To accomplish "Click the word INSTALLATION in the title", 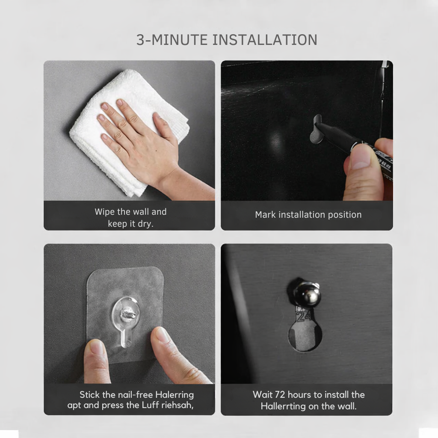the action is (265, 40).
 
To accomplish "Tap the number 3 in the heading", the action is (140, 40).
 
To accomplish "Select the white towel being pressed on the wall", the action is (123, 131).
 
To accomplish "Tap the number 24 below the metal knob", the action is (303, 316).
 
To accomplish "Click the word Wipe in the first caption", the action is (105, 212).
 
